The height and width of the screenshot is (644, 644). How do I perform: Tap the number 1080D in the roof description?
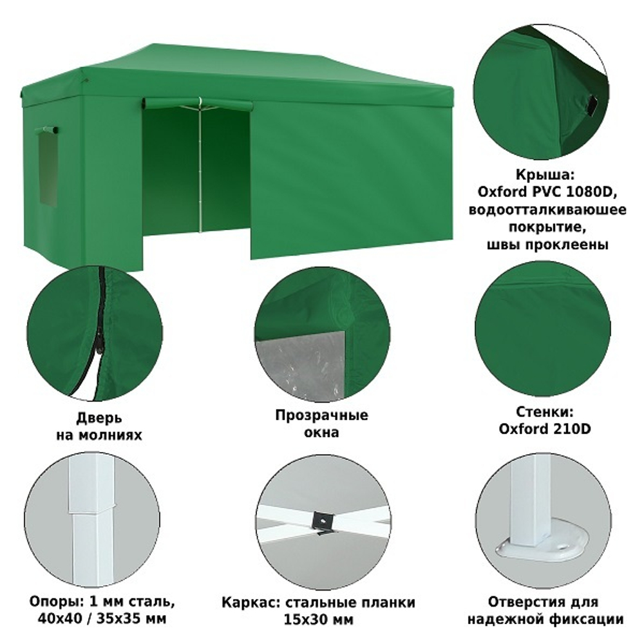pyautogui.click(x=591, y=192)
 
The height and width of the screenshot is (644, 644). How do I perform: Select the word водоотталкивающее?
pyautogui.click(x=547, y=210)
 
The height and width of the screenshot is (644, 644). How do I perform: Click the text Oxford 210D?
pyautogui.click(x=545, y=429)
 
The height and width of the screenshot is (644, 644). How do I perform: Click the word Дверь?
pyautogui.click(x=99, y=418)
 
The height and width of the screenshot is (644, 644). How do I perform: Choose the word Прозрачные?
pyautogui.click(x=321, y=415)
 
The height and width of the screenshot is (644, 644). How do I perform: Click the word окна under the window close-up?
pyautogui.click(x=321, y=433)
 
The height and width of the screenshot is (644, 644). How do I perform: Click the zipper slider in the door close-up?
pyautogui.click(x=99, y=342)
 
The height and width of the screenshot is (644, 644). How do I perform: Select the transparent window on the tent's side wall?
pyautogui.click(x=47, y=167)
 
